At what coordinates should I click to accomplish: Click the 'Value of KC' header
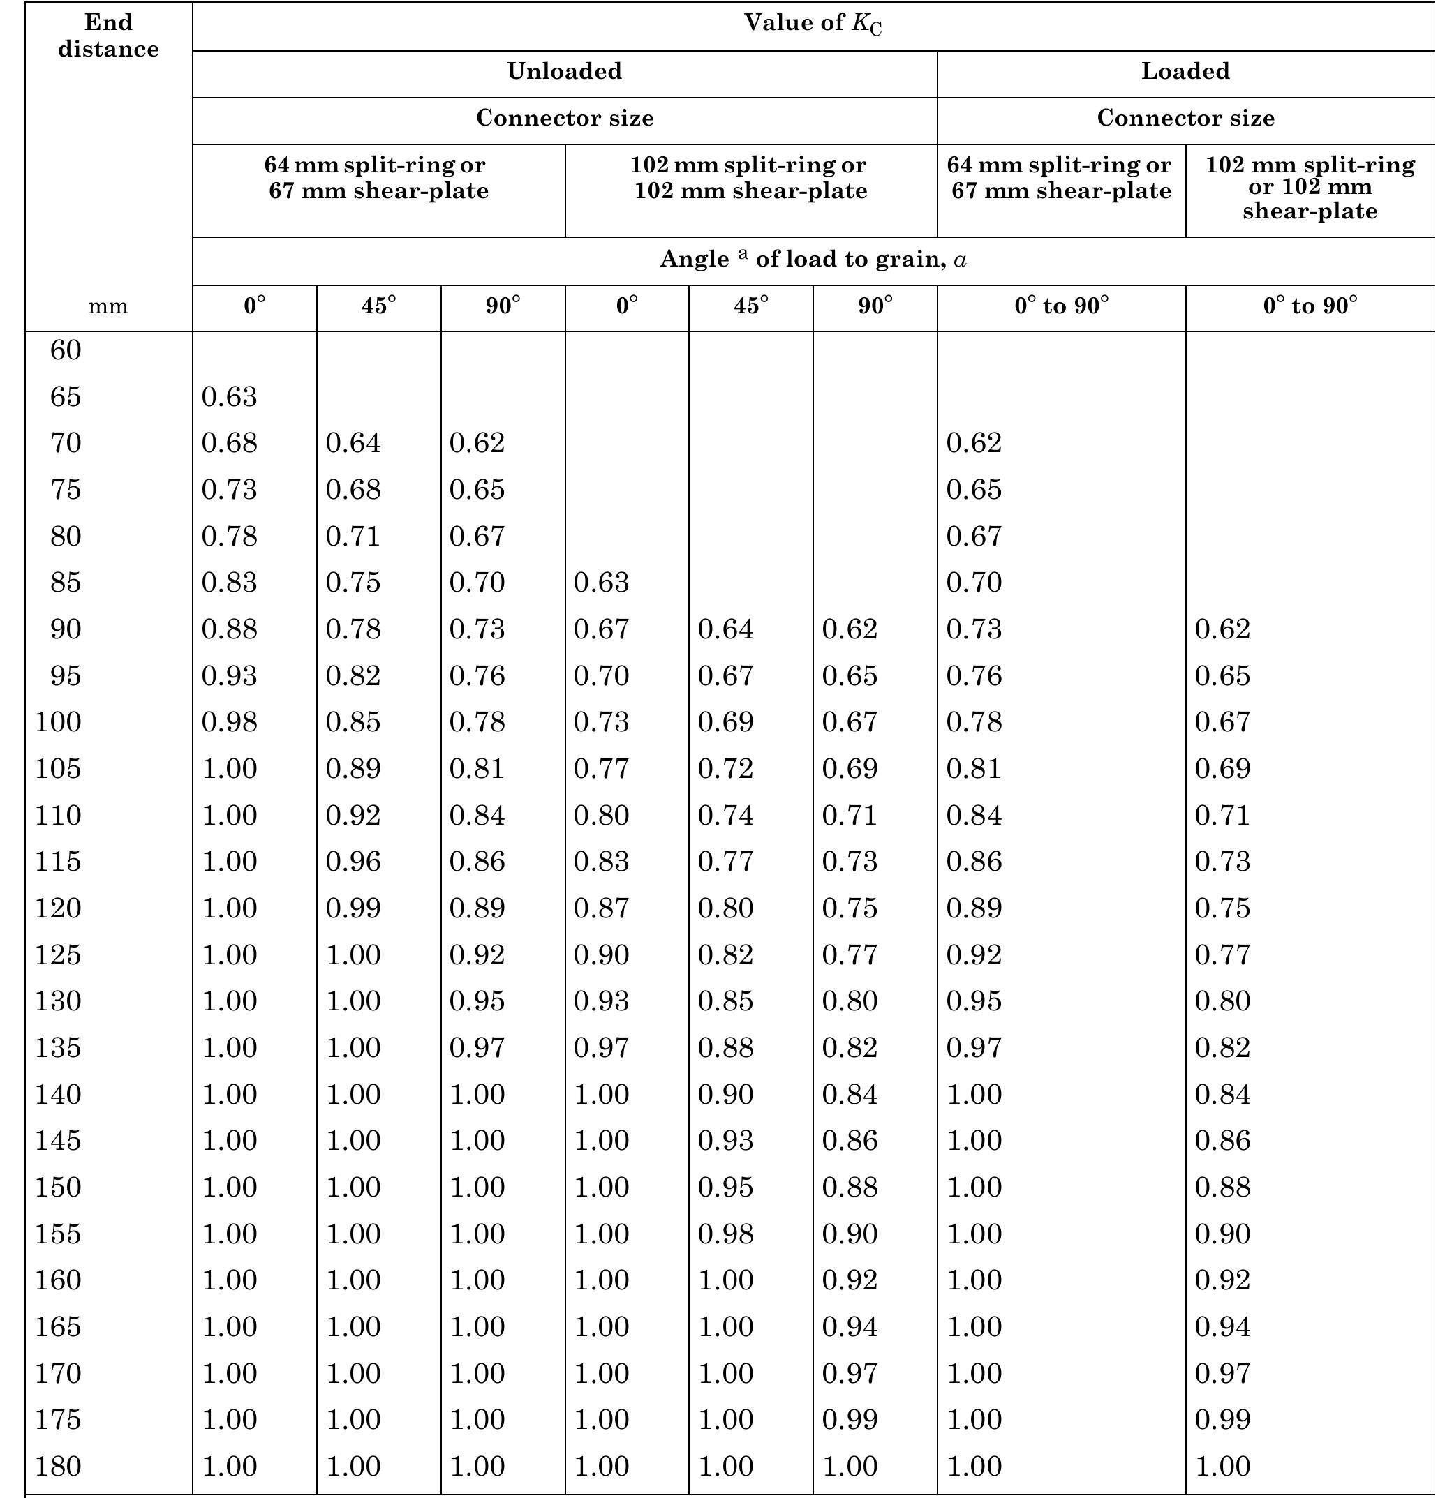(813, 24)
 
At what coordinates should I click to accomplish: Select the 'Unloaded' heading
(564, 71)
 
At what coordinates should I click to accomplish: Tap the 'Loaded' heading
(1185, 71)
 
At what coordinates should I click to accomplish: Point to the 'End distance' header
(109, 36)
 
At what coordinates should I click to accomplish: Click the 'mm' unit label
(109, 306)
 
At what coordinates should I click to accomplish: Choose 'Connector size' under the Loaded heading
(1185, 119)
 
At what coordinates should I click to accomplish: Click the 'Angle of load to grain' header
(813, 260)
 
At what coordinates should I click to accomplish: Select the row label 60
(66, 350)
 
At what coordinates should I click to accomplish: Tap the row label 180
(58, 1466)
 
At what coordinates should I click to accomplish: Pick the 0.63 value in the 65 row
(230, 397)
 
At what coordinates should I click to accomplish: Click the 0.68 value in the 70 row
(230, 442)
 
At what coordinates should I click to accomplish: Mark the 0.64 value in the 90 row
(725, 629)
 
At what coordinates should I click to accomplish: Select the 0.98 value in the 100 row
(230, 721)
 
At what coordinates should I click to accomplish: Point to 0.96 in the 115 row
(353, 862)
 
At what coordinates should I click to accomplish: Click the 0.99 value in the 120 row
(353, 908)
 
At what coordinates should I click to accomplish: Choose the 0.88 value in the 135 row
(725, 1047)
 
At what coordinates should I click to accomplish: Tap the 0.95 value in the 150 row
(725, 1187)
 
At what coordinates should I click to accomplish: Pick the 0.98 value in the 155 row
(725, 1234)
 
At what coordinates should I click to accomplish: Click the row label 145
(58, 1140)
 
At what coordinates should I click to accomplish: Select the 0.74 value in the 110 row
(725, 815)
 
